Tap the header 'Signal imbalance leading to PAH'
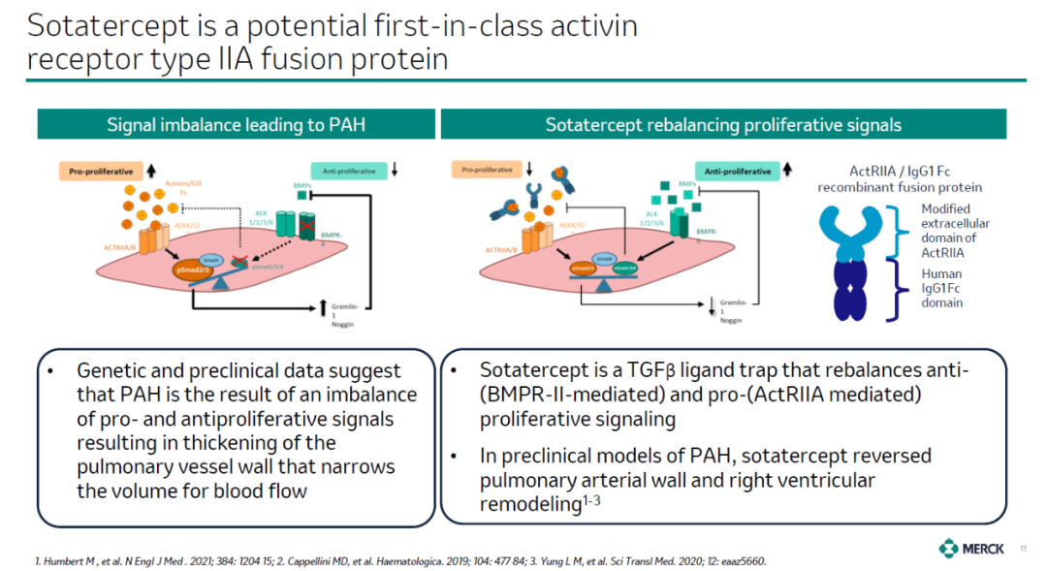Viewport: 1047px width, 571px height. (236, 125)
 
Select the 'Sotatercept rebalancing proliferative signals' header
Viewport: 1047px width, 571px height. (723, 125)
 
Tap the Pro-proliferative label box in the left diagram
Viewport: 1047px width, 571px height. (101, 172)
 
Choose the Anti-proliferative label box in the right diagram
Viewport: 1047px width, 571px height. (738, 172)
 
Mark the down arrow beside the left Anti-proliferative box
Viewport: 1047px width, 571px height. (395, 172)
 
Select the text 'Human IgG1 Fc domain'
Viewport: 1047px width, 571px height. (941, 288)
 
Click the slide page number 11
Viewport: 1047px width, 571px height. (1023, 550)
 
